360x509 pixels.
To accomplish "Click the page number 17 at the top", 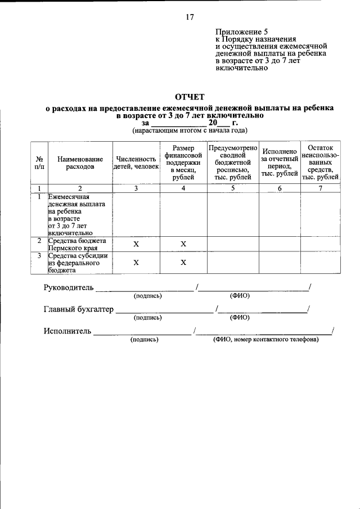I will coord(190,17).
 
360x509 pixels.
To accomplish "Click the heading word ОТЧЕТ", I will coord(190,97).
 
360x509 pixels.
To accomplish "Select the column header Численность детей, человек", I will coord(136,163).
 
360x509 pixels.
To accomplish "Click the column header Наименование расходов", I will coord(80,163).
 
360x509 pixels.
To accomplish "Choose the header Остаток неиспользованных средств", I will coord(321,162).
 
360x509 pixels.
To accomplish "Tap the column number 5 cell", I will coord(233,188).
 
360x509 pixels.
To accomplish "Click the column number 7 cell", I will coord(321,188).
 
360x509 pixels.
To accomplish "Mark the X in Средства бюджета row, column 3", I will coord(136,244).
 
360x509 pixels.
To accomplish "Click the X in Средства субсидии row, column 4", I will coord(183,263).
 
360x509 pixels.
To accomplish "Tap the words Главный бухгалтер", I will coord(78,309).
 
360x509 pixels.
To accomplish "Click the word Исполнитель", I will coord(67,331).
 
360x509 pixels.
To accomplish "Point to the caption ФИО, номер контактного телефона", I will coord(265,340).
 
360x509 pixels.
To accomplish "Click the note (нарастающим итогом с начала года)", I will coord(190,130).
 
